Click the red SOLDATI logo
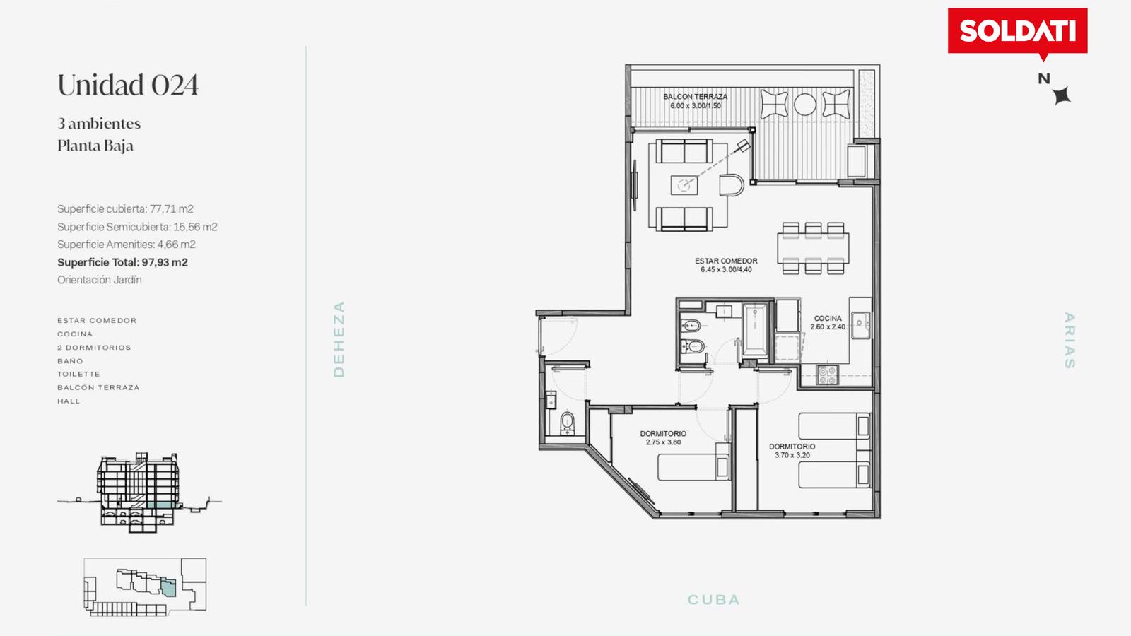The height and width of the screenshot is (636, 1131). pos(1017,32)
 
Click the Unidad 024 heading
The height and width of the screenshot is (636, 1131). pos(128,85)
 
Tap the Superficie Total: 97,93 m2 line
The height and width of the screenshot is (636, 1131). pos(122,262)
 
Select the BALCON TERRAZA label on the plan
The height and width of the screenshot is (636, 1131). pos(696,96)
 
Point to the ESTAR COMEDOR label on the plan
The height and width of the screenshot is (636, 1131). pos(726,261)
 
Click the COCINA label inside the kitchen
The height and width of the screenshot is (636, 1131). pos(828,319)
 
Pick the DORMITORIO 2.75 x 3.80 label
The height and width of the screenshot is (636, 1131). pos(663,437)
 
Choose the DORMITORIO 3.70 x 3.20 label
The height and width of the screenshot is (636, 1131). pos(792,451)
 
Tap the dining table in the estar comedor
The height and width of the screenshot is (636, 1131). pos(813,248)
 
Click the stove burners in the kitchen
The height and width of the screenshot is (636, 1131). pos(827,375)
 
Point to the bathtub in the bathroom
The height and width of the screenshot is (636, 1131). pos(754,329)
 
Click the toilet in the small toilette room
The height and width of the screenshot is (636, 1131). pos(568,423)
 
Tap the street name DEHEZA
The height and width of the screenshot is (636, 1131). pos(339,339)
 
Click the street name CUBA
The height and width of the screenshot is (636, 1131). pos(713,600)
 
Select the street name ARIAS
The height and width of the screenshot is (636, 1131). pos(1070,340)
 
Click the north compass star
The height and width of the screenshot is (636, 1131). pos(1062,95)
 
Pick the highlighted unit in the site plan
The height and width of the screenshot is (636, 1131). pos(169,588)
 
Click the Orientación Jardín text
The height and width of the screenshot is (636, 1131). pos(100,280)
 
